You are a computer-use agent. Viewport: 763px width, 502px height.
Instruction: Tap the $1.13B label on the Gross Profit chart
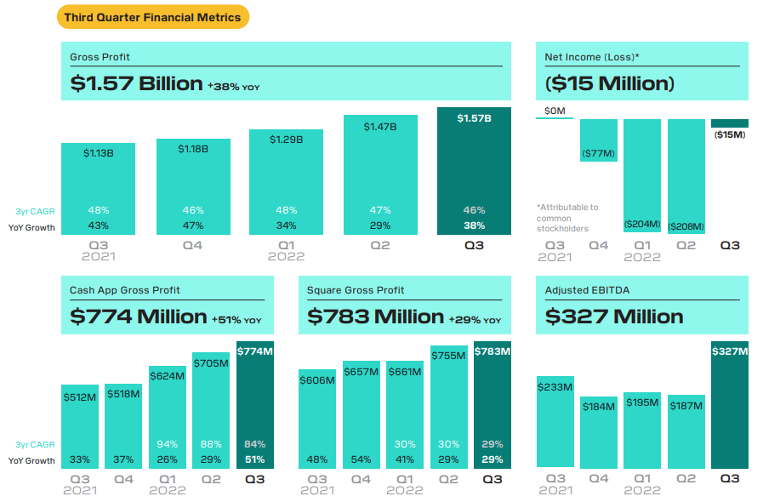click(x=98, y=153)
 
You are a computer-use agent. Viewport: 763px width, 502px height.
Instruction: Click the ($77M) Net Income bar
click(x=599, y=140)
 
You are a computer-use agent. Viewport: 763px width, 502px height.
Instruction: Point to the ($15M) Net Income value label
click(x=729, y=134)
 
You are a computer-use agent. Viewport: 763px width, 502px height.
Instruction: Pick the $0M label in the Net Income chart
click(x=555, y=111)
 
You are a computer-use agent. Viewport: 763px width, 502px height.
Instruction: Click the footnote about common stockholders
click(x=567, y=218)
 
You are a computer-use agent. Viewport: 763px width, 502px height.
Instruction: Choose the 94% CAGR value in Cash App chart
click(x=167, y=444)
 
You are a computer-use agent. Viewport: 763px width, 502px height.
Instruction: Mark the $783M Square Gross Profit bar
click(x=492, y=404)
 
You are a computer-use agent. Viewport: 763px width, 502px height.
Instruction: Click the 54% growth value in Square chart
click(x=361, y=460)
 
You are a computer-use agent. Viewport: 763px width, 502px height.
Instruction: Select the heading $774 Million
click(x=138, y=317)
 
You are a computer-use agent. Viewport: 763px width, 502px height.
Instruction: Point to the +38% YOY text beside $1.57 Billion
click(x=232, y=85)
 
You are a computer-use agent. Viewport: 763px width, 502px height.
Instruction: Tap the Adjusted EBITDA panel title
click(x=587, y=290)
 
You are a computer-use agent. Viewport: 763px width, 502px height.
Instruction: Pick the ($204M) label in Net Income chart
click(x=642, y=224)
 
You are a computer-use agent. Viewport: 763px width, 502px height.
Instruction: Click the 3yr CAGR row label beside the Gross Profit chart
click(x=35, y=210)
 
